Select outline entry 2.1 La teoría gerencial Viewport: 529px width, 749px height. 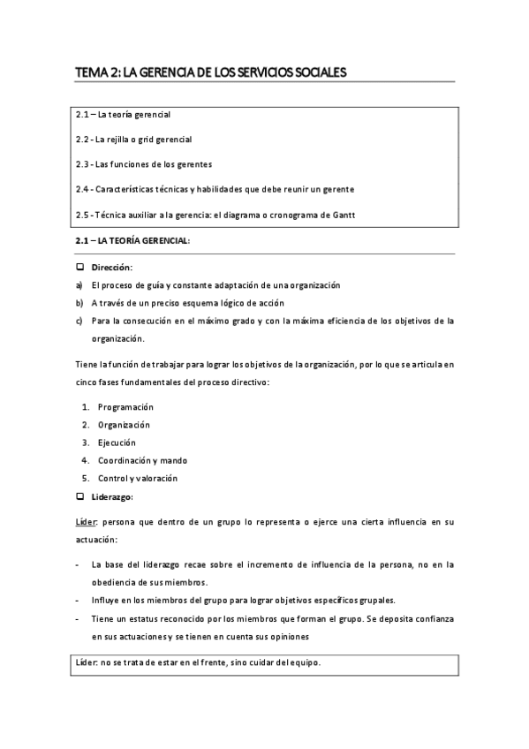123,115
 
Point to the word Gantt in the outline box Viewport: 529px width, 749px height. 352,214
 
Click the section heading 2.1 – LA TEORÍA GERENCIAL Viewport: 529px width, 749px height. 132,241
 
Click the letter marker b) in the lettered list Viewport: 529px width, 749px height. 79,303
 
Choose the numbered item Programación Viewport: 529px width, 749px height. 125,406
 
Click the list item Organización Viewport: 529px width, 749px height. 124,424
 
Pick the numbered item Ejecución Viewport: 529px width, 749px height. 117,443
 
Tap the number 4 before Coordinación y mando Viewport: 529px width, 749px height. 85,460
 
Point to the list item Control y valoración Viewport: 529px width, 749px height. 137,478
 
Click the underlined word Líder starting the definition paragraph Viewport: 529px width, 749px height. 86,523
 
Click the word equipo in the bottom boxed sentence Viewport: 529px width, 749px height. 304,662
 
